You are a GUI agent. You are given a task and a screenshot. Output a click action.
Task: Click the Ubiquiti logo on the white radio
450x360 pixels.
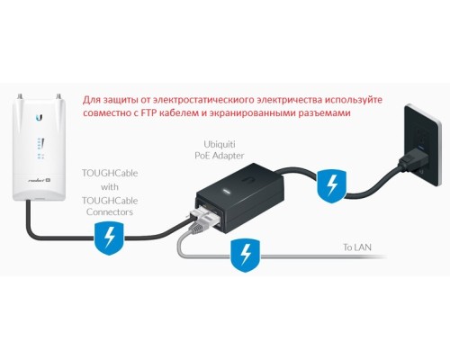click(39, 118)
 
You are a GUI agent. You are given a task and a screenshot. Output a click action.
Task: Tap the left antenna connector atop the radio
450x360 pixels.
click(22, 97)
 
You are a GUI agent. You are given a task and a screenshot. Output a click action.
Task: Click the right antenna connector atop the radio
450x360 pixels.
click(58, 97)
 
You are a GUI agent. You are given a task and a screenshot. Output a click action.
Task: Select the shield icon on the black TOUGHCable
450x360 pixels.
click(109, 238)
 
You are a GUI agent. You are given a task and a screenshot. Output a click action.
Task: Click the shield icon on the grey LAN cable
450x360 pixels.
click(246, 256)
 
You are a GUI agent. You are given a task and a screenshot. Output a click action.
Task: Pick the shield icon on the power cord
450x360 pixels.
click(332, 186)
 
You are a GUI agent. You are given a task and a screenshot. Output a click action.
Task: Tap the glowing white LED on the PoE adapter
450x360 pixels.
click(226, 191)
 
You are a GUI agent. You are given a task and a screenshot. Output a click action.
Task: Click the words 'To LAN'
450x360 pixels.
click(357, 247)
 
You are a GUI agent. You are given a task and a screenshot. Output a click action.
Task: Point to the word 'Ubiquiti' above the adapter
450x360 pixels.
click(220, 144)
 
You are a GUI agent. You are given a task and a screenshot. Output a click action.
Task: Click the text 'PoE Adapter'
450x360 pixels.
click(220, 156)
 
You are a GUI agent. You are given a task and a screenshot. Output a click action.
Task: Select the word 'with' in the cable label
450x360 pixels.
click(110, 187)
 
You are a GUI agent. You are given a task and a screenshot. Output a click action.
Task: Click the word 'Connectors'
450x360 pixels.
click(110, 211)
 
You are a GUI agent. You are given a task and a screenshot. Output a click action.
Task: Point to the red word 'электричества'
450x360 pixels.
click(289, 100)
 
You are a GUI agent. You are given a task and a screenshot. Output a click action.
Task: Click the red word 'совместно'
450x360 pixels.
click(106, 113)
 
